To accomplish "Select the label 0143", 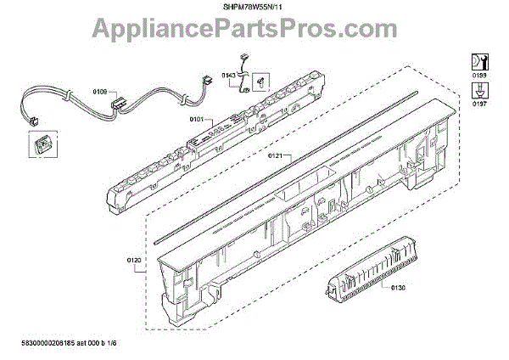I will click(x=229, y=75).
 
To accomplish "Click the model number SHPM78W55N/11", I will click(x=255, y=8).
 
